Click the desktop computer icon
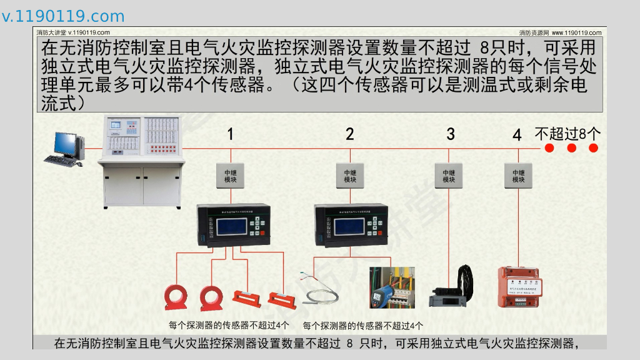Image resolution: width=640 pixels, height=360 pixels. coord(63,149)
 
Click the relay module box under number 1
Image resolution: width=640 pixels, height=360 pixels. coord(230,176)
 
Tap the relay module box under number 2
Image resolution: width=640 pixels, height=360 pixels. coord(350,176)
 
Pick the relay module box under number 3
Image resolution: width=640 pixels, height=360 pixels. coord(449,176)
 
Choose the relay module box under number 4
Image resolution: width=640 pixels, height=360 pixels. coord(518,176)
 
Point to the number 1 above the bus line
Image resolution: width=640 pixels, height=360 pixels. coord(230,134)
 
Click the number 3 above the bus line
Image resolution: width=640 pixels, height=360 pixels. coord(451,134)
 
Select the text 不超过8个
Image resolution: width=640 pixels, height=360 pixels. coord(567,133)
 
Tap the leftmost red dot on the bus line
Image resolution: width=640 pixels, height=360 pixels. coord(549,148)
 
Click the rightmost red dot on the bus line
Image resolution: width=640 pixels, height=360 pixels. coord(594,148)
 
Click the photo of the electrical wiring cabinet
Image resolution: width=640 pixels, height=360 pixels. coord(392,287)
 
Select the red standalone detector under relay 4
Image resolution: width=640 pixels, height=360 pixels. coord(518,287)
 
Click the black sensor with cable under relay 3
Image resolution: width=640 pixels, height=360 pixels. coord(453,289)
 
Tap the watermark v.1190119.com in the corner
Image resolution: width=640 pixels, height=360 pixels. coord(63,16)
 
